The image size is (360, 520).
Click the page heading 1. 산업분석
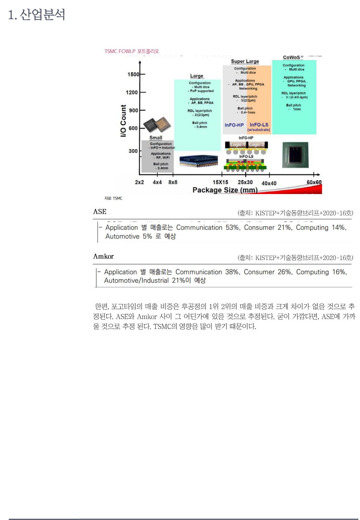[x=36, y=15]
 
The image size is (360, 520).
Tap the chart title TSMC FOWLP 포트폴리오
[x=132, y=51]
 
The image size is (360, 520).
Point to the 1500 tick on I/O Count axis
[x=133, y=74]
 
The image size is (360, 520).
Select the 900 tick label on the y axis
[x=133, y=110]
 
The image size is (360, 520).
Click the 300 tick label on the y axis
[x=133, y=151]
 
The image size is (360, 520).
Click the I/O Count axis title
[x=123, y=121]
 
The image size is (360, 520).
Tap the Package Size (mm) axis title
[x=225, y=190]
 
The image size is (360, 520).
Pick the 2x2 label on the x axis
[x=139, y=182]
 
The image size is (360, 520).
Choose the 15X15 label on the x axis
[x=220, y=182]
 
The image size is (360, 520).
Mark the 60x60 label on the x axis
[x=314, y=182]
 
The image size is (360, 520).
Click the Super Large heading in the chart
[x=245, y=61]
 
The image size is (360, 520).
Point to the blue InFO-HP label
[x=234, y=125]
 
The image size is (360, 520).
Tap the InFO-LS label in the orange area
[x=259, y=125]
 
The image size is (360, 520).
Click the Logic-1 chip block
[x=238, y=145]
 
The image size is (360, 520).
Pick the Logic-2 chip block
[x=257, y=145]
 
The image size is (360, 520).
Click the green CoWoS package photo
[x=295, y=155]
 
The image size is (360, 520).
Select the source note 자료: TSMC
[x=113, y=198]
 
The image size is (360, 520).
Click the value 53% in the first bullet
[x=232, y=228]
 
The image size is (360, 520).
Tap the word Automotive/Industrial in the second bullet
[x=136, y=281]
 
